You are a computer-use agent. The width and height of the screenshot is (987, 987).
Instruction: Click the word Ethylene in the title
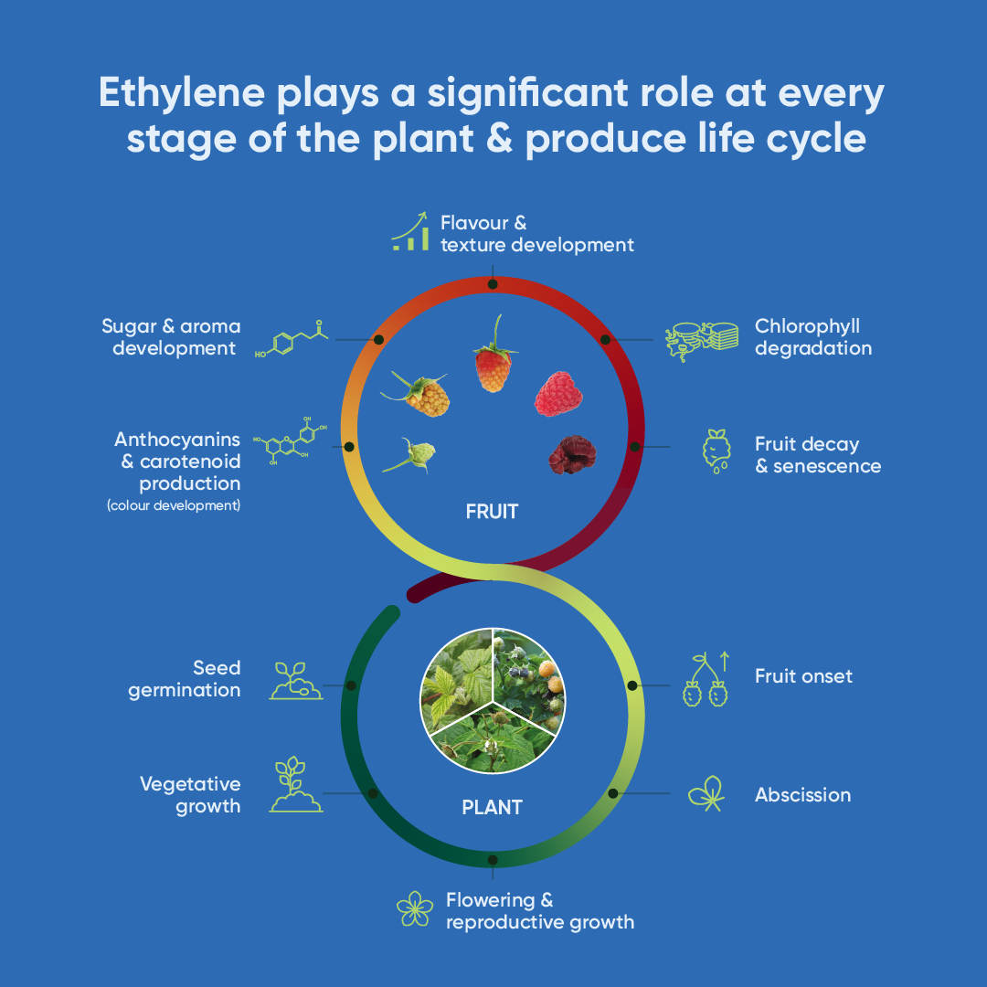point(182,94)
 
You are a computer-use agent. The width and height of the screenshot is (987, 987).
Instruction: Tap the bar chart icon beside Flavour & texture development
point(410,231)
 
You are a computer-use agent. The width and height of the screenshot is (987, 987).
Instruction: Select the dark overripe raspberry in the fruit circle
point(571,454)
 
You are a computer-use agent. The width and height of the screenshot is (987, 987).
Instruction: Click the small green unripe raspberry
point(410,454)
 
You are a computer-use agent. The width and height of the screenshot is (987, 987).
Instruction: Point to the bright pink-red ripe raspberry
point(558,394)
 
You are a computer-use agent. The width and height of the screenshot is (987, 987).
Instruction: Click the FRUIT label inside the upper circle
point(493,512)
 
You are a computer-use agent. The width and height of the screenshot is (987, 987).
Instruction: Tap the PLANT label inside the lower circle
point(493,808)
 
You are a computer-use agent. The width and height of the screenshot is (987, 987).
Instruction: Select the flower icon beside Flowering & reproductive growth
point(415,908)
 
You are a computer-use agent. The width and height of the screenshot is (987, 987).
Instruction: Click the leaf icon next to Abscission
point(706,794)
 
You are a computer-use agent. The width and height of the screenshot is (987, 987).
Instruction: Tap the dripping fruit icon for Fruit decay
point(717,451)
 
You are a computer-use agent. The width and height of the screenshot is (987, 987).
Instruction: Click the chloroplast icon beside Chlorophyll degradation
point(702,341)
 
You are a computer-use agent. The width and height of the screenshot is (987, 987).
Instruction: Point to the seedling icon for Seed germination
point(296,681)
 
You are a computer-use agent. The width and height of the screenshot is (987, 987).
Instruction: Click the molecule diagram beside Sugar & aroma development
point(292,339)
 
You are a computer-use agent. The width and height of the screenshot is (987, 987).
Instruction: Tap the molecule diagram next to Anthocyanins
point(290,440)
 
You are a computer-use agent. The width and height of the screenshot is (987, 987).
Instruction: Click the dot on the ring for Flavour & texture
point(493,284)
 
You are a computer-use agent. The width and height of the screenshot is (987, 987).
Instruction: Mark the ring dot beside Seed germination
point(351,685)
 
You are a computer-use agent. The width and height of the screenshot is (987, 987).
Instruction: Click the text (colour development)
point(174,505)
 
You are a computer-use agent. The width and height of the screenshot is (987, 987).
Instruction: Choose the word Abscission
point(802,795)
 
